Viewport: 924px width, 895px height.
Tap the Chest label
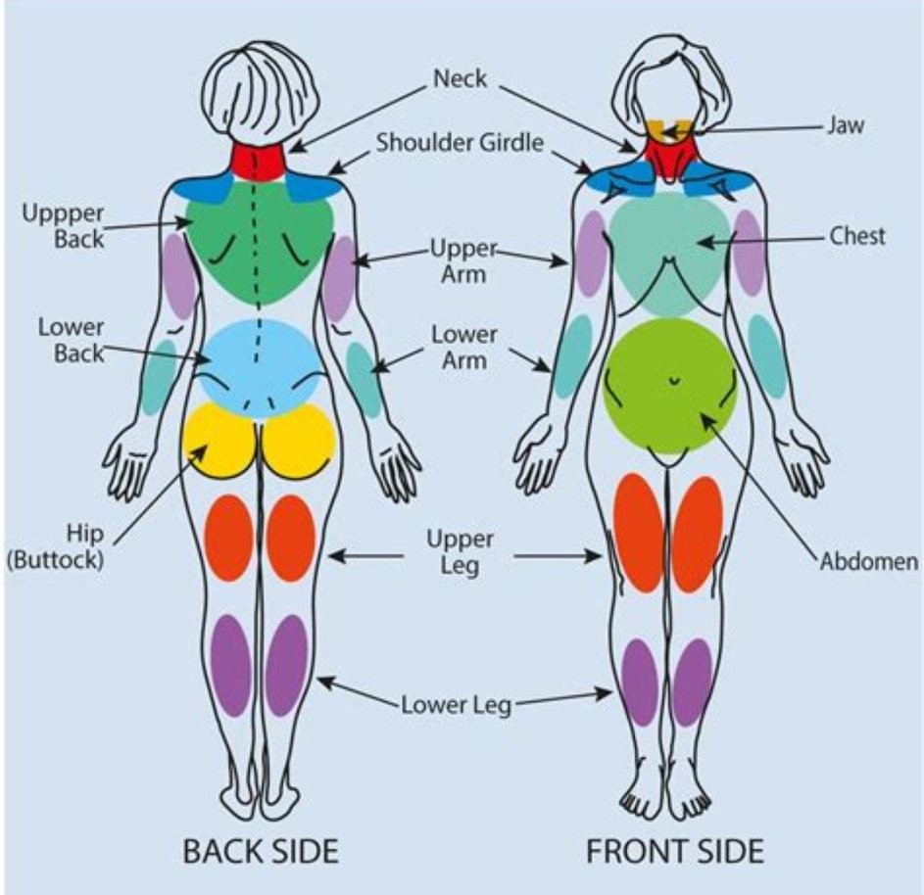point(857,236)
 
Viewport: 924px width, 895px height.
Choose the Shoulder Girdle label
point(460,143)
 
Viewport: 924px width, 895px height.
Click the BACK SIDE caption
point(261,851)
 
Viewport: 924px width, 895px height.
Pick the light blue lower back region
point(260,363)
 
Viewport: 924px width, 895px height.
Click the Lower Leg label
point(456,705)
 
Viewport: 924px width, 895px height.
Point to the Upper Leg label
point(460,552)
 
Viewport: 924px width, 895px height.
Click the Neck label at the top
point(460,78)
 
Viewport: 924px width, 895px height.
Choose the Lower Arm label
point(463,347)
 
